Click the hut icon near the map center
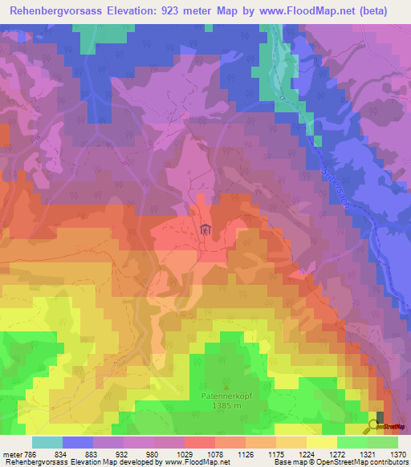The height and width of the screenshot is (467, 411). coord(206,230)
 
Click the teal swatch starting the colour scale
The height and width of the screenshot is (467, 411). coord(47,441)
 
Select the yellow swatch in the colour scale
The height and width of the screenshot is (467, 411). coord(321,441)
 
